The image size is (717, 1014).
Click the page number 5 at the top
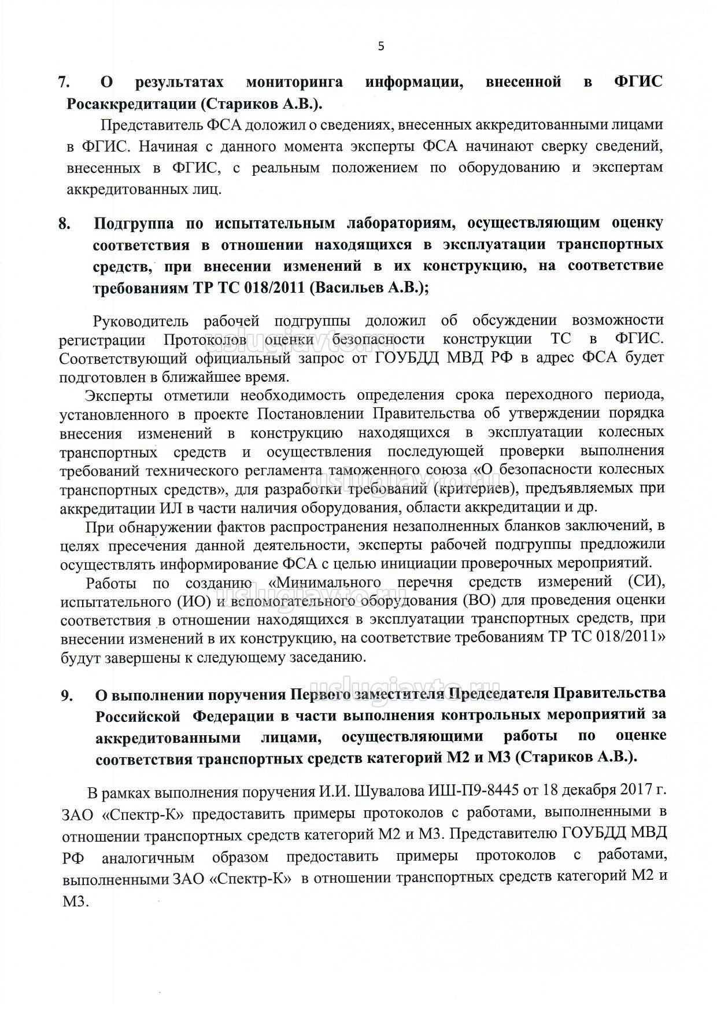(380, 47)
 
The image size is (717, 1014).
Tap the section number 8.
(65, 223)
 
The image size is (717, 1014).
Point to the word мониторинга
(294, 82)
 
